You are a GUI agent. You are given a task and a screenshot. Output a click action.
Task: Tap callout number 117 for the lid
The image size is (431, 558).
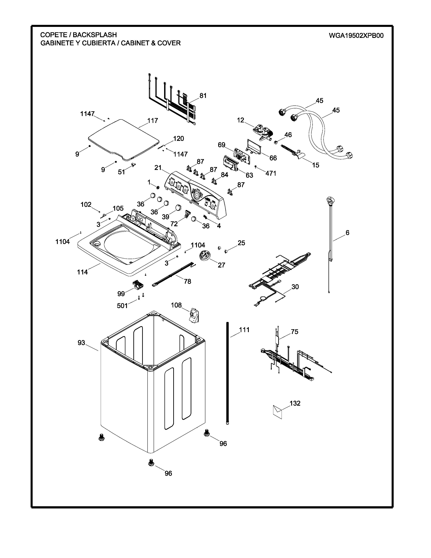coord(153,120)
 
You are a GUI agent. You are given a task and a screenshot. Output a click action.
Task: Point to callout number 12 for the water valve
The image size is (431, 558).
coord(241,120)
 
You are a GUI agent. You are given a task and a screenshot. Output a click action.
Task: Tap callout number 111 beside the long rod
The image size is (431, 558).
coord(244,330)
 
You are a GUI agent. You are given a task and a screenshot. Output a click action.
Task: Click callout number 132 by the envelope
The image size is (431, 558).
coord(295,403)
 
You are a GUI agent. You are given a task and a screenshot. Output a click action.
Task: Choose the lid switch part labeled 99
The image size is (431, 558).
coord(138,284)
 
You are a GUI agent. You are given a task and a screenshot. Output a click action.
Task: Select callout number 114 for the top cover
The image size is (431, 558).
coord(82,272)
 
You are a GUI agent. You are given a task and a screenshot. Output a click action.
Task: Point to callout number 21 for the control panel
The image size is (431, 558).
coord(158,168)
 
